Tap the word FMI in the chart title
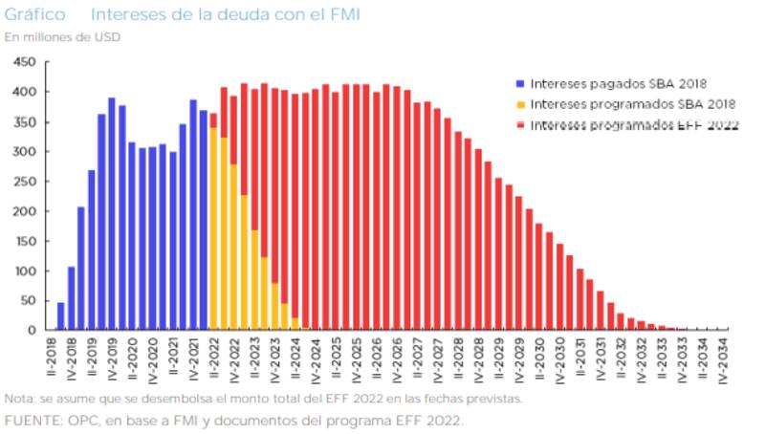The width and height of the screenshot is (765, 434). [340, 16]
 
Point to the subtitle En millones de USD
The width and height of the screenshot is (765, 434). [62, 37]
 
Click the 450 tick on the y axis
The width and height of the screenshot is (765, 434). [25, 62]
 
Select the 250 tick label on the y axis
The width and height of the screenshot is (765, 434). [25, 182]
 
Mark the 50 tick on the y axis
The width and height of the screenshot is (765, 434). [28, 301]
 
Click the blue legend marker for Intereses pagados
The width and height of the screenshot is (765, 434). [519, 83]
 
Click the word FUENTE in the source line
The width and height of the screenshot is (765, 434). [30, 420]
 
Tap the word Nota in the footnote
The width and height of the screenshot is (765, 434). [18, 399]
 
